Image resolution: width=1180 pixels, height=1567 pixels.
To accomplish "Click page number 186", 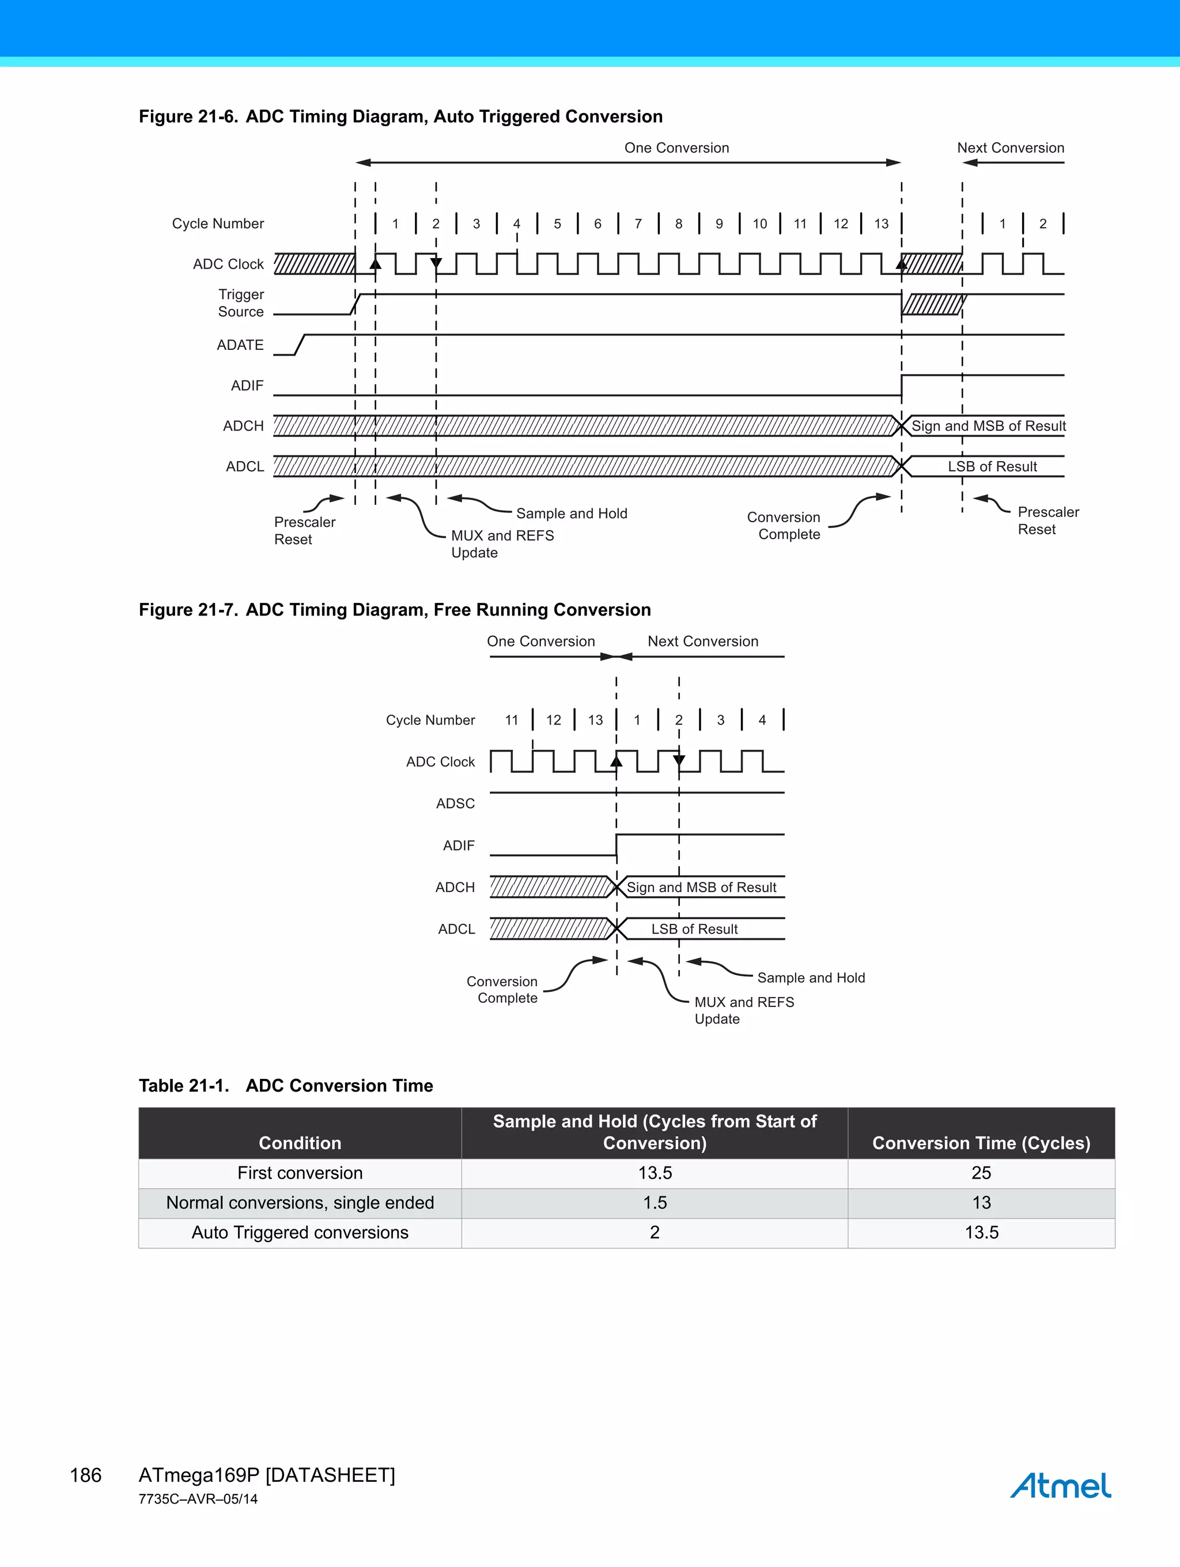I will coord(86,1475).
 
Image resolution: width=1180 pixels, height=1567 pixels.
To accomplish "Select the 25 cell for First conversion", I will coord(981,1173).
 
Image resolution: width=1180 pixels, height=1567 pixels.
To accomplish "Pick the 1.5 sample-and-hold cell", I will coord(655,1203).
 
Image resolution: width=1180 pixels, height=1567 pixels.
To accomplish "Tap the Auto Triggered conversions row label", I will coord(300,1233).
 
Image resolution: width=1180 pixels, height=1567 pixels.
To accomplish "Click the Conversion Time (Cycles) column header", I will coord(981,1143).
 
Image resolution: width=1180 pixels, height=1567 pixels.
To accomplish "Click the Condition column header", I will coord(300,1143).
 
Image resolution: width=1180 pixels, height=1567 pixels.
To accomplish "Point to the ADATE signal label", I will coord(240,345).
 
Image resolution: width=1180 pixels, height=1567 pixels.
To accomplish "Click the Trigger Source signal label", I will coord(241,303).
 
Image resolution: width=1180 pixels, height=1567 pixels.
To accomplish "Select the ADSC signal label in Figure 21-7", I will coord(455,803).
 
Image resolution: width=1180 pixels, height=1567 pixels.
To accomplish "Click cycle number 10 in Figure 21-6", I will coord(759,224).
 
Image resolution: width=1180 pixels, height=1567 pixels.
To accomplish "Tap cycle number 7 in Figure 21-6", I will coord(638,224).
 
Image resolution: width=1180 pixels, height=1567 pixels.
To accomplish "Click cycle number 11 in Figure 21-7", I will coord(512,720).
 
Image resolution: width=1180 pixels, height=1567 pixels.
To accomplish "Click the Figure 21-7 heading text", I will coord(395,610).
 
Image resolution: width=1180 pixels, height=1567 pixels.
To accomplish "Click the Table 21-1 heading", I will coord(285,1085).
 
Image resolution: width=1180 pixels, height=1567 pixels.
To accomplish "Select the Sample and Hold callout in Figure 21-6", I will coord(572,513).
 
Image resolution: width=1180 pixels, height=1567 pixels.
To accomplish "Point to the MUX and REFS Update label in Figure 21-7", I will coord(744,1010).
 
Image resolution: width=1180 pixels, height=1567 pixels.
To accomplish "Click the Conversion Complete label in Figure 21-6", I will coord(784,526).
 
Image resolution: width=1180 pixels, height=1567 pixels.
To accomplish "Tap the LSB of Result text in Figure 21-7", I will coord(694,928).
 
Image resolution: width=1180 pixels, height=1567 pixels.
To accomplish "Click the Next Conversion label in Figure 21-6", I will coord(1010,148).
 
